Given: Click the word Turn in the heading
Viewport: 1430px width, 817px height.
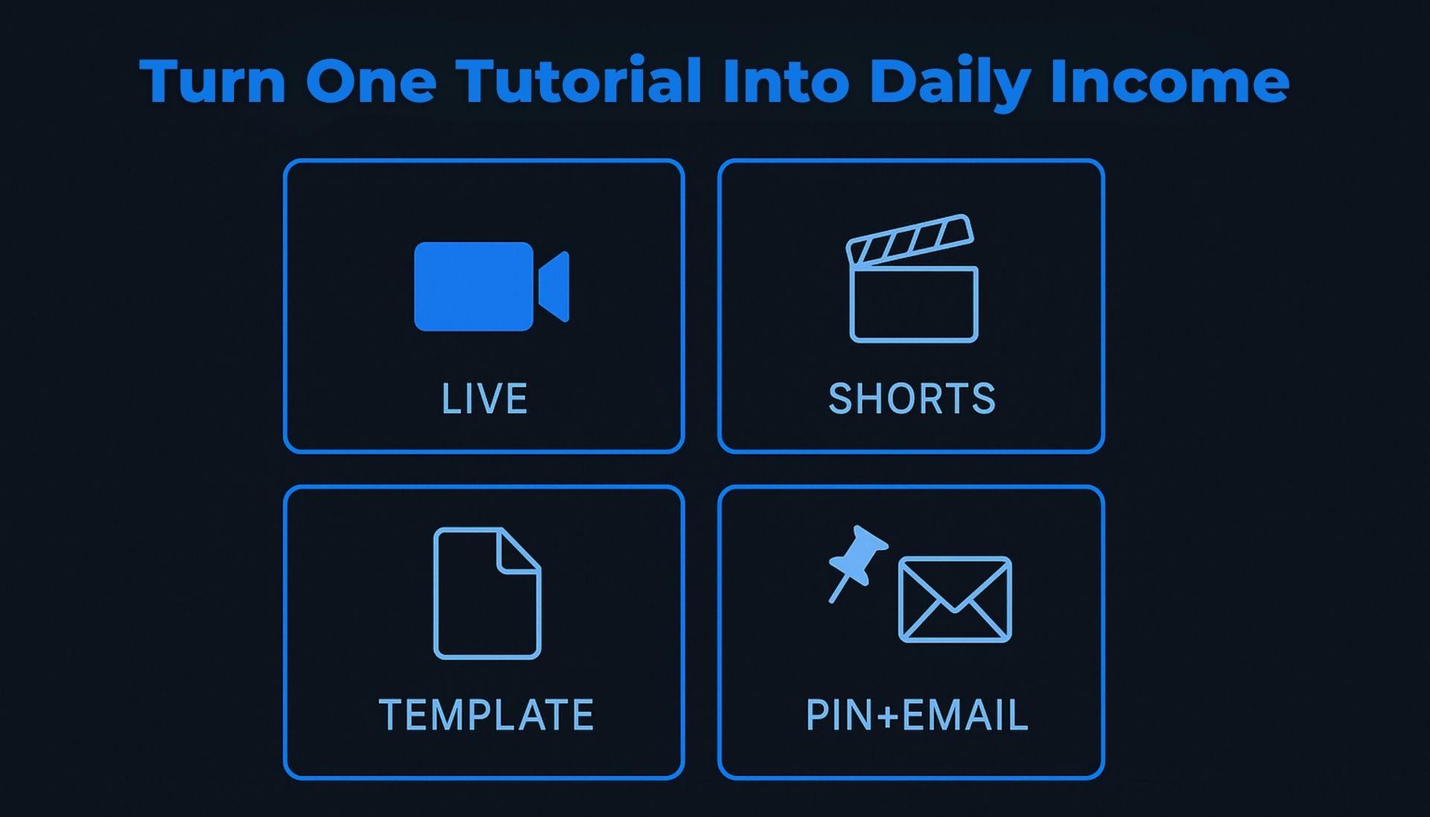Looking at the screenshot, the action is point(213,81).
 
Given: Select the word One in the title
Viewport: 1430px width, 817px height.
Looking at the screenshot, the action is point(371,81).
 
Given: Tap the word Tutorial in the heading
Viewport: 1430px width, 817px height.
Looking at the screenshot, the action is point(579,80).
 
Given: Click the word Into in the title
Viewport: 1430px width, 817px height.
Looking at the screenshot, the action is point(786,80).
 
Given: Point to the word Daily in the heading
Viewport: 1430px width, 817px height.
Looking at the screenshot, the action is point(950,83).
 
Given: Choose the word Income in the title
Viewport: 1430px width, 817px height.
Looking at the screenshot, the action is point(1170,81).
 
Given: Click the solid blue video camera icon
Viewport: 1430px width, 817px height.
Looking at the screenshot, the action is point(492,287).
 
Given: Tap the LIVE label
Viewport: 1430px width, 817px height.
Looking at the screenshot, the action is point(484,399).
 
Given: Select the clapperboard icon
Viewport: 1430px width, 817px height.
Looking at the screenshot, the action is point(912,279).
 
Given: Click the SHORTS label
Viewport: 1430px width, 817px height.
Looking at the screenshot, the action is point(912,399).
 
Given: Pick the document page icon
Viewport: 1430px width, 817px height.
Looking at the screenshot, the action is point(487,594).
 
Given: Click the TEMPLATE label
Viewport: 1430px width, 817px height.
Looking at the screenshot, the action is point(486,715).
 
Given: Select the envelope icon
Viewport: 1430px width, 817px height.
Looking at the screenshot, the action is point(955,600).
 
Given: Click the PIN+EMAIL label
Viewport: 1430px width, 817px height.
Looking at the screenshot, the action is point(917,715).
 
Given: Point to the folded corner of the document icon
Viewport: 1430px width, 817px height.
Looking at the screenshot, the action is point(519,551).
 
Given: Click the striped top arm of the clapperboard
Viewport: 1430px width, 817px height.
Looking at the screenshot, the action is point(909,239).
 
